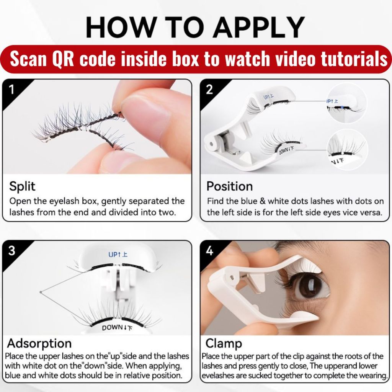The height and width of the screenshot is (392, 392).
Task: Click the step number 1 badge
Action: (11, 89)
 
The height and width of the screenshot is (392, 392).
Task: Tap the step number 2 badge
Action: (209, 89)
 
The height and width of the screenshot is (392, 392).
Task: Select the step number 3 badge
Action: (11, 250)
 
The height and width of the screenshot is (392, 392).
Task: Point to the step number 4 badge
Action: (209, 250)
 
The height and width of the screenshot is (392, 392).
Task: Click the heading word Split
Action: (22, 186)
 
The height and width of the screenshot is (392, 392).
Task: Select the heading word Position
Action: (230, 186)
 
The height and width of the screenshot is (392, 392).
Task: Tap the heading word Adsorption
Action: (39, 343)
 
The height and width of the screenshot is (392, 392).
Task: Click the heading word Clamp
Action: (224, 343)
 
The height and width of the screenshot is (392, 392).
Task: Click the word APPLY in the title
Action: (259, 27)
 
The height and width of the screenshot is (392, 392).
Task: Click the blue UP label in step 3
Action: (118, 255)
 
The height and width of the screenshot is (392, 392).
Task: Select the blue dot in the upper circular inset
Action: (342, 107)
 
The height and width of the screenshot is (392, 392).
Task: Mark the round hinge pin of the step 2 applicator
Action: (212, 144)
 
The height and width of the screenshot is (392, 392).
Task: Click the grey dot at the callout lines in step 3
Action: (41, 292)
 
